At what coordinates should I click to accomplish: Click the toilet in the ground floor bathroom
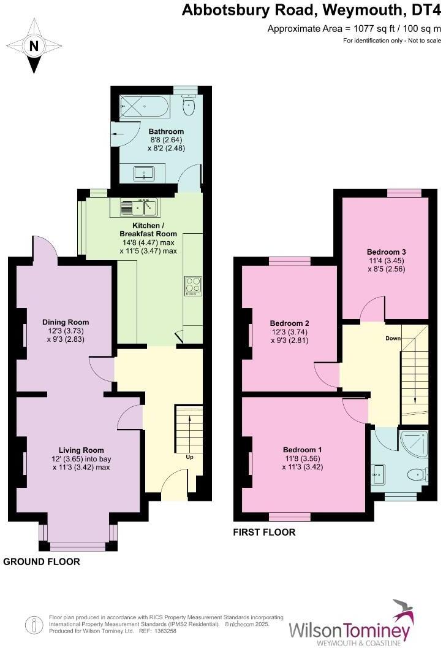click(x=189, y=106)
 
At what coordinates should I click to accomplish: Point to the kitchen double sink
click(x=140, y=207)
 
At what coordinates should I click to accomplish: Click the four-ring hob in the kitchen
click(x=192, y=286)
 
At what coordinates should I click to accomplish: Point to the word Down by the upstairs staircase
click(x=393, y=339)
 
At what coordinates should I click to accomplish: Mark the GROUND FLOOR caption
click(x=42, y=561)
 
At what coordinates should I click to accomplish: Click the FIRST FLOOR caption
click(x=264, y=533)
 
